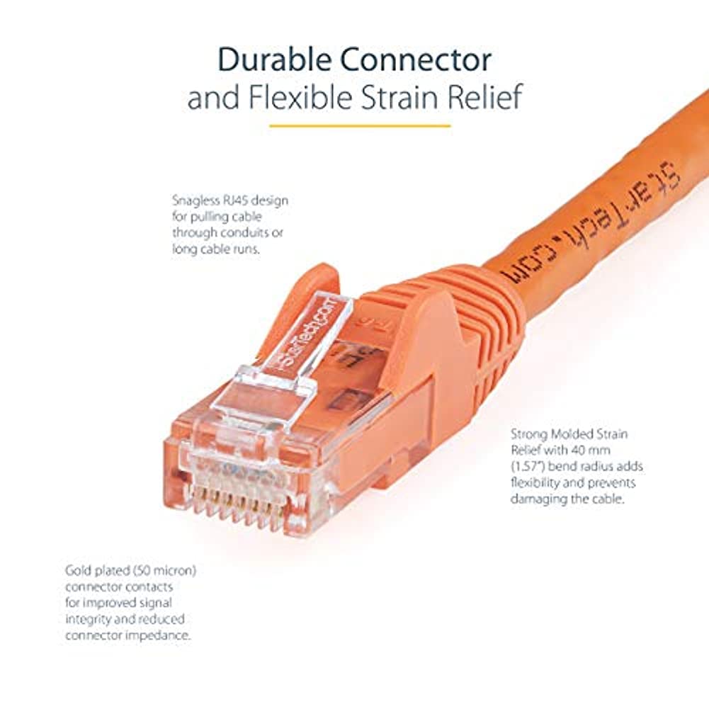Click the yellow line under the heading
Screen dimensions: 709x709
pos(360,126)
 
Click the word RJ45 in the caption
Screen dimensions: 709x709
pos(237,200)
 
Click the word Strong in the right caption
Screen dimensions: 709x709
pos(528,433)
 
